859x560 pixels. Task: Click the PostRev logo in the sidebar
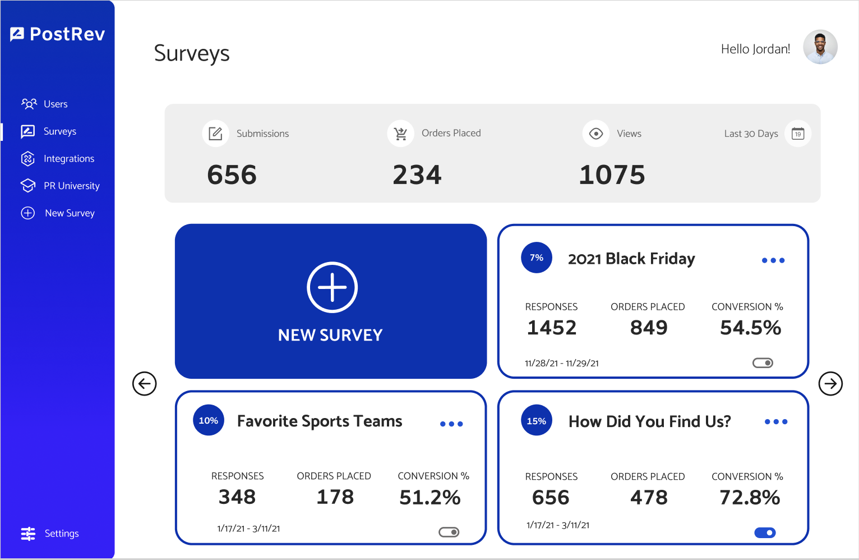coord(57,34)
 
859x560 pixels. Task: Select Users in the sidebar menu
coord(55,104)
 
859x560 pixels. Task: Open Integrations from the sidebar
coord(68,159)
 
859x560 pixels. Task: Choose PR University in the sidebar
coord(71,186)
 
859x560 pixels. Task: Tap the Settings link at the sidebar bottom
coord(61,534)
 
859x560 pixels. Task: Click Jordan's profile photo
coord(820,47)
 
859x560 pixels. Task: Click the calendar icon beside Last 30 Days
coord(798,134)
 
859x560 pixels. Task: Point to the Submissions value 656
coord(232,175)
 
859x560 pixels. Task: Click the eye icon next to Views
coord(595,134)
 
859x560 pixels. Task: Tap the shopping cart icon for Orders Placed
coord(400,134)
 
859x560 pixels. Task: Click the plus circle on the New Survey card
coord(332,287)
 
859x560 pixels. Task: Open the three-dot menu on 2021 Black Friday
coord(773,260)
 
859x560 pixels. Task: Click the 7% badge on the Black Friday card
coord(537,258)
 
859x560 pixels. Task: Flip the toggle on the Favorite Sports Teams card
coord(449,532)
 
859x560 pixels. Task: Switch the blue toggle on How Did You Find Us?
coord(765,533)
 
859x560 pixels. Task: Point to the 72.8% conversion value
coord(750,498)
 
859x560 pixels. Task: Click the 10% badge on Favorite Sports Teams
coord(209,420)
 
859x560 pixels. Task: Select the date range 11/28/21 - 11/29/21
coord(561,363)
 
